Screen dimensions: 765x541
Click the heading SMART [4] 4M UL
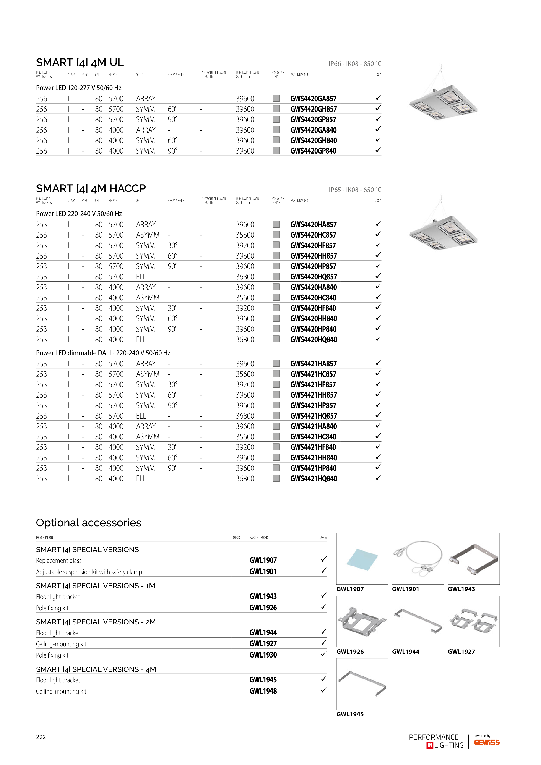pyautogui.click(x=80, y=63)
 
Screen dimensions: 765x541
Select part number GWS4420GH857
pyautogui.click(x=313, y=109)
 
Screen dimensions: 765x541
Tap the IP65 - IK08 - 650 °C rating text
pyautogui.click(x=355, y=190)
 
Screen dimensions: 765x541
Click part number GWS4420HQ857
pyautogui.click(x=313, y=277)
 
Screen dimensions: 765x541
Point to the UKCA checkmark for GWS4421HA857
pyautogui.click(x=378, y=363)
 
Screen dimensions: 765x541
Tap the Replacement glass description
pyautogui.click(x=59, y=561)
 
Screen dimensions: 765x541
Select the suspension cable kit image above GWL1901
pyautogui.click(x=418, y=559)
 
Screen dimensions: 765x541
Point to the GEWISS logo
pyautogui.click(x=486, y=742)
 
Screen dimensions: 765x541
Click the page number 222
pyautogui.click(x=41, y=737)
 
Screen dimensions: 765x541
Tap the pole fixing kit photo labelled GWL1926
pyautogui.click(x=362, y=621)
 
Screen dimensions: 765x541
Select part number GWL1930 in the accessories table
pyautogui.click(x=263, y=655)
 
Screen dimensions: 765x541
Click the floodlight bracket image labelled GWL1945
pyautogui.click(x=362, y=684)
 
